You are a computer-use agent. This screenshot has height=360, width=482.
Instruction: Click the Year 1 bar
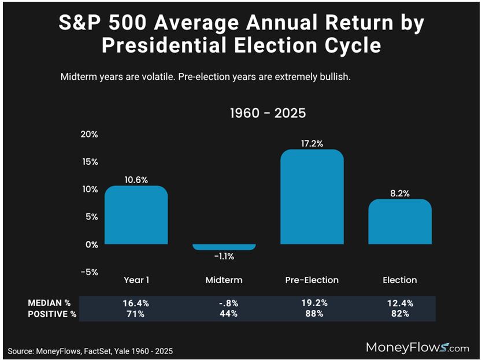click(x=136, y=215)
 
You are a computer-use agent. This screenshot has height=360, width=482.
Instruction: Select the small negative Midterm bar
click(x=224, y=247)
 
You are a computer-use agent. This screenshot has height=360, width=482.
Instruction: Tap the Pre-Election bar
click(x=312, y=196)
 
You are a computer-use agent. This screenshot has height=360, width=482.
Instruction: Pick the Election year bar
click(x=400, y=222)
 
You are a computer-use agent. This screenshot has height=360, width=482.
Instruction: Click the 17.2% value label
click(x=312, y=143)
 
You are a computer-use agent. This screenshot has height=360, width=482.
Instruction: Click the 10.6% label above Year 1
click(x=136, y=179)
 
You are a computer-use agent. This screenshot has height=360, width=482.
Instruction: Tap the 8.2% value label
click(x=400, y=193)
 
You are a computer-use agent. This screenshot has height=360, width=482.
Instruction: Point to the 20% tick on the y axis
click(x=90, y=134)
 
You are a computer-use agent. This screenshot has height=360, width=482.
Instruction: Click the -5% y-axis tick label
click(x=90, y=272)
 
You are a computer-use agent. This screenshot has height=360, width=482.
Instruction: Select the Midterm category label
click(x=224, y=280)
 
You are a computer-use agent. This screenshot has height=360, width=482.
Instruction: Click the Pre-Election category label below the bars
click(x=312, y=280)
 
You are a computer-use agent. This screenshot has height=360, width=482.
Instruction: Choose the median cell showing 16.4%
click(x=136, y=303)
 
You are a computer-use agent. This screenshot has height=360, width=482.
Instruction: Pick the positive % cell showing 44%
click(x=224, y=314)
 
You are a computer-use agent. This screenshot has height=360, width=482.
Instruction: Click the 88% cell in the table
click(x=312, y=314)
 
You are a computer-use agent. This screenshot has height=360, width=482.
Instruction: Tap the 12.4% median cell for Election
click(x=400, y=303)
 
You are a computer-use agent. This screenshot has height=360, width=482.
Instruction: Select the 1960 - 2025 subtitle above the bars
click(x=268, y=113)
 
